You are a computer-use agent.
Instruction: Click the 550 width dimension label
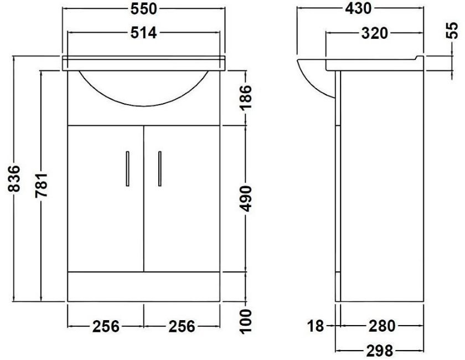point(143,9)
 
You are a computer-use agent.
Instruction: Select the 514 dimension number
point(143,33)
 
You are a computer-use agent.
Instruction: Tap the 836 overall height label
point(14,179)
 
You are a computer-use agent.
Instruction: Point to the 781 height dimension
point(41,185)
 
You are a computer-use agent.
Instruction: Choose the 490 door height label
point(245,198)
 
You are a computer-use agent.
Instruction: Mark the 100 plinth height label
point(245,321)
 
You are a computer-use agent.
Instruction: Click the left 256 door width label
point(106,326)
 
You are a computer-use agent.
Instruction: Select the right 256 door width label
point(182,326)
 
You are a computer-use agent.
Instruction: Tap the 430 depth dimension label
point(358,9)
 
